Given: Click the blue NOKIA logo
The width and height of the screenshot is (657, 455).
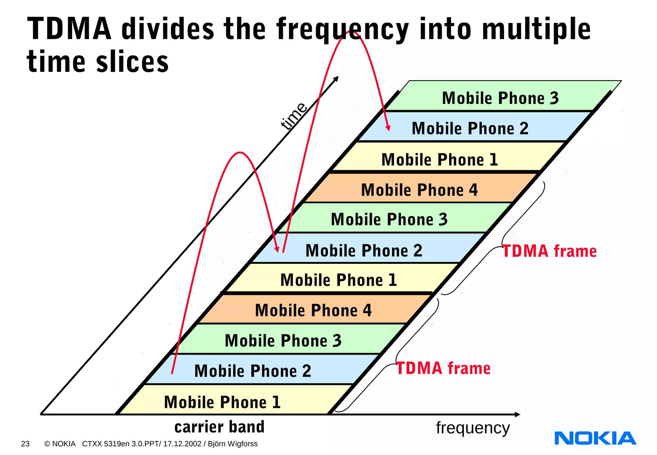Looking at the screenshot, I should (x=595, y=438).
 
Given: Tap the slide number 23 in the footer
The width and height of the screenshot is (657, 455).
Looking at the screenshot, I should (x=25, y=444).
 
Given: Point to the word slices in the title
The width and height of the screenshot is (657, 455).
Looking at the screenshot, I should (x=132, y=62).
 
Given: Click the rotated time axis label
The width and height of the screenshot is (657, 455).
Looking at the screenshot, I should (x=293, y=116).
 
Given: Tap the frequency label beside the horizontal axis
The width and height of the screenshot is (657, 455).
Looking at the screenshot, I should (x=473, y=428).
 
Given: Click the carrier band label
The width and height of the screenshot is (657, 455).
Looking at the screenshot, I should (x=219, y=427).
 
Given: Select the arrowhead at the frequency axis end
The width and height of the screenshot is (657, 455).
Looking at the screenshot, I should (x=517, y=414).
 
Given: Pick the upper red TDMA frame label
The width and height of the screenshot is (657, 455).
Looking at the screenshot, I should (x=550, y=251).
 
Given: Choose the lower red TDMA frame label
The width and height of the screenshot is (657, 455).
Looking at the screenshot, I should (x=444, y=368).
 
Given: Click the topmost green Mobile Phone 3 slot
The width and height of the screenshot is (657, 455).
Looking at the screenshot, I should (x=500, y=98).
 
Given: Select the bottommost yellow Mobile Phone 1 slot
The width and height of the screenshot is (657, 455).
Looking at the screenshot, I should (x=222, y=402).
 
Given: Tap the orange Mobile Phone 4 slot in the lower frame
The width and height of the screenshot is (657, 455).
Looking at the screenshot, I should (x=313, y=310).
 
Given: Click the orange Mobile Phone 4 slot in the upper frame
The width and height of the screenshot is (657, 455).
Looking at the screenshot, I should (x=419, y=190).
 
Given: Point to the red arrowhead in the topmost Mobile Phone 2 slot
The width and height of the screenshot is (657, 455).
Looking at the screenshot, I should (x=388, y=128).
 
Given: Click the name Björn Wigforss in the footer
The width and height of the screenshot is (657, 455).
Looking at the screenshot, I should (x=233, y=444).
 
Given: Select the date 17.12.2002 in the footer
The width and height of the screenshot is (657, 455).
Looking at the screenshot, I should (x=182, y=444).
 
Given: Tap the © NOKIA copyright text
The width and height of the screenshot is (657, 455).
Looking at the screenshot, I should (x=60, y=444).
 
